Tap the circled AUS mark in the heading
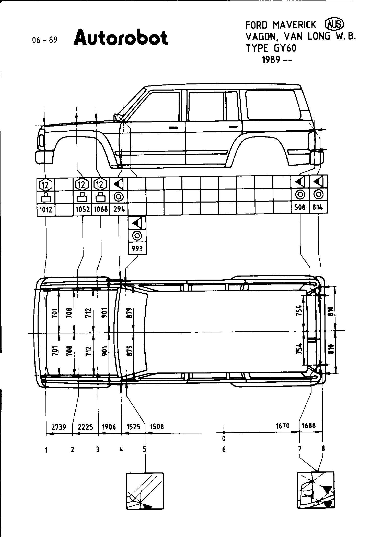[334, 25]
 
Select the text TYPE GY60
[271, 48]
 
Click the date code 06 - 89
[45, 40]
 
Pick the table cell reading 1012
[46, 210]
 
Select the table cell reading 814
[318, 207]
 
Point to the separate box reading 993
[137, 248]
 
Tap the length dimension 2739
[59, 427]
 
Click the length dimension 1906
[109, 427]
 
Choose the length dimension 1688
[309, 426]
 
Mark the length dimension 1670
[283, 426]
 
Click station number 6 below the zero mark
[224, 449]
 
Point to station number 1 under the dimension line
[46, 450]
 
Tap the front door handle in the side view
[173, 127]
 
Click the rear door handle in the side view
[232, 127]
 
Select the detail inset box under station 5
[145, 494]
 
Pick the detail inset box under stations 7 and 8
[315, 493]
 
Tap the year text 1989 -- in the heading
[277, 60]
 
